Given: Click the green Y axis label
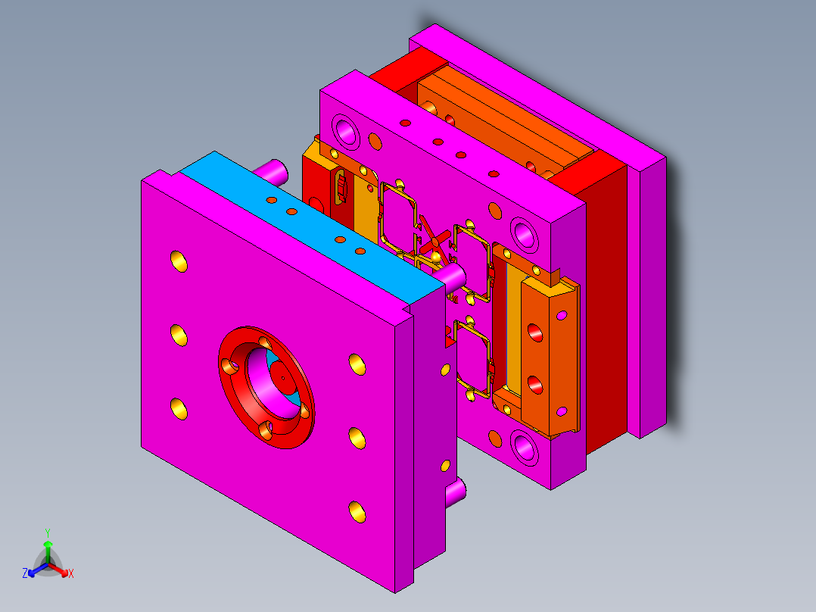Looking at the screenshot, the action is [48, 532].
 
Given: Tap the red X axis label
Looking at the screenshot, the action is [71, 573].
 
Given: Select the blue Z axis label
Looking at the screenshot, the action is [25, 573].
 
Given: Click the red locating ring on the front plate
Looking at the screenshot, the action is [266, 388].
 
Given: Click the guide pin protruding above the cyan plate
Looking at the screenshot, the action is [273, 173].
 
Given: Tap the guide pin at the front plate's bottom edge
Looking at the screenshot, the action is [456, 492].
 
